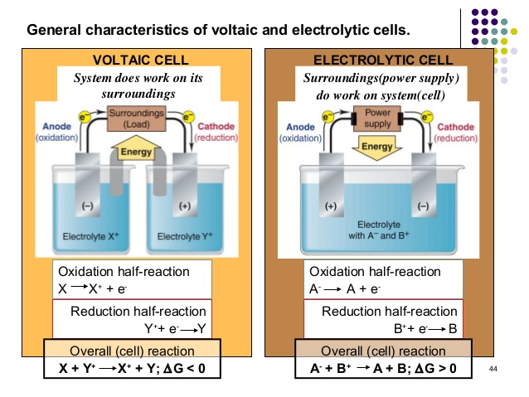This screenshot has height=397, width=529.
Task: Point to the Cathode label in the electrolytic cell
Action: point(456,127)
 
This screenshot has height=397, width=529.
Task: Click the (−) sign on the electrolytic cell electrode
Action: point(423,206)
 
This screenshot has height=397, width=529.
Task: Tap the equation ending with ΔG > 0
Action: point(377,367)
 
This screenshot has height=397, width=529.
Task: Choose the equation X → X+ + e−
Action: point(93,288)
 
